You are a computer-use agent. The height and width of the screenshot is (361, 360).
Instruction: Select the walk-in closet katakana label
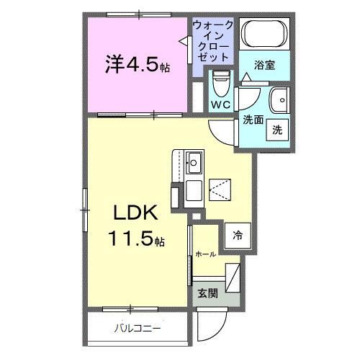[x=213, y=40]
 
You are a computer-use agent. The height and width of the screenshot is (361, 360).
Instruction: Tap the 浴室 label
[x=265, y=66]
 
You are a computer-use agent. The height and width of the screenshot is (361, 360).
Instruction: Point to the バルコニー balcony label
[x=137, y=330]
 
